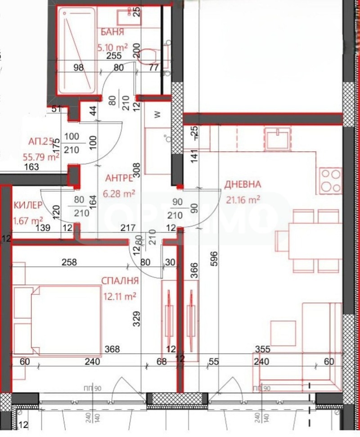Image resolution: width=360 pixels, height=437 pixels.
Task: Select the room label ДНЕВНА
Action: click(243, 184)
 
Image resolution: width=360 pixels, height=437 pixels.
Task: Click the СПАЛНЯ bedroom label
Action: click(120, 280)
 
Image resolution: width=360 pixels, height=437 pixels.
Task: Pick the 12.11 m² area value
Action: click(119, 296)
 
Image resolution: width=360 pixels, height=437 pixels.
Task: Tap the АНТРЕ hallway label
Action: click(118, 178)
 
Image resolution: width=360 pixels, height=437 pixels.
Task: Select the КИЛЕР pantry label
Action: click(28, 205)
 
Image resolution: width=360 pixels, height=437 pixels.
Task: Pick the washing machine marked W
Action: click(157, 115)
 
